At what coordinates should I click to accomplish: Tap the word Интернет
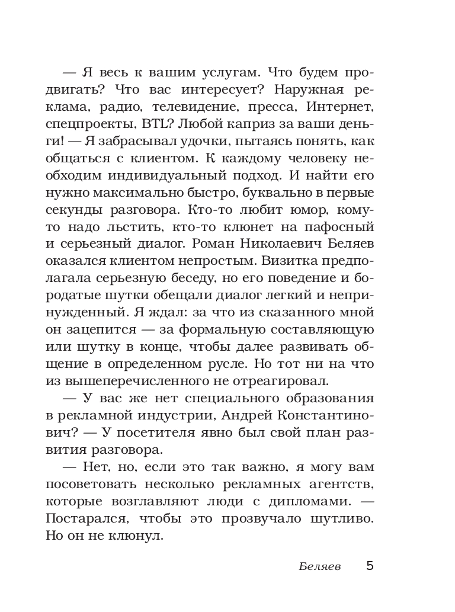[341, 107]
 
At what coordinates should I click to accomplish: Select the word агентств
[341, 484]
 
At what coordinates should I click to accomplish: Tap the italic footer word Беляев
[319, 566]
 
